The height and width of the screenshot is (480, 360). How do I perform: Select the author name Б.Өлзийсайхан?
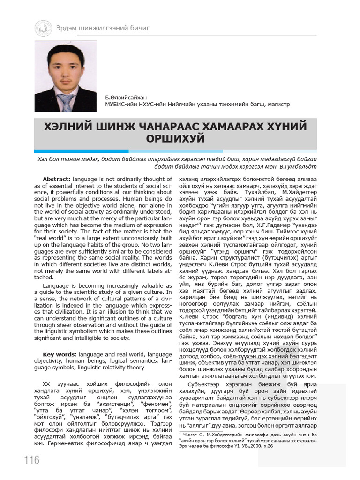click(x=126, y=97)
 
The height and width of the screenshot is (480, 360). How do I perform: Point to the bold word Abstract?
click(x=57, y=180)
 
